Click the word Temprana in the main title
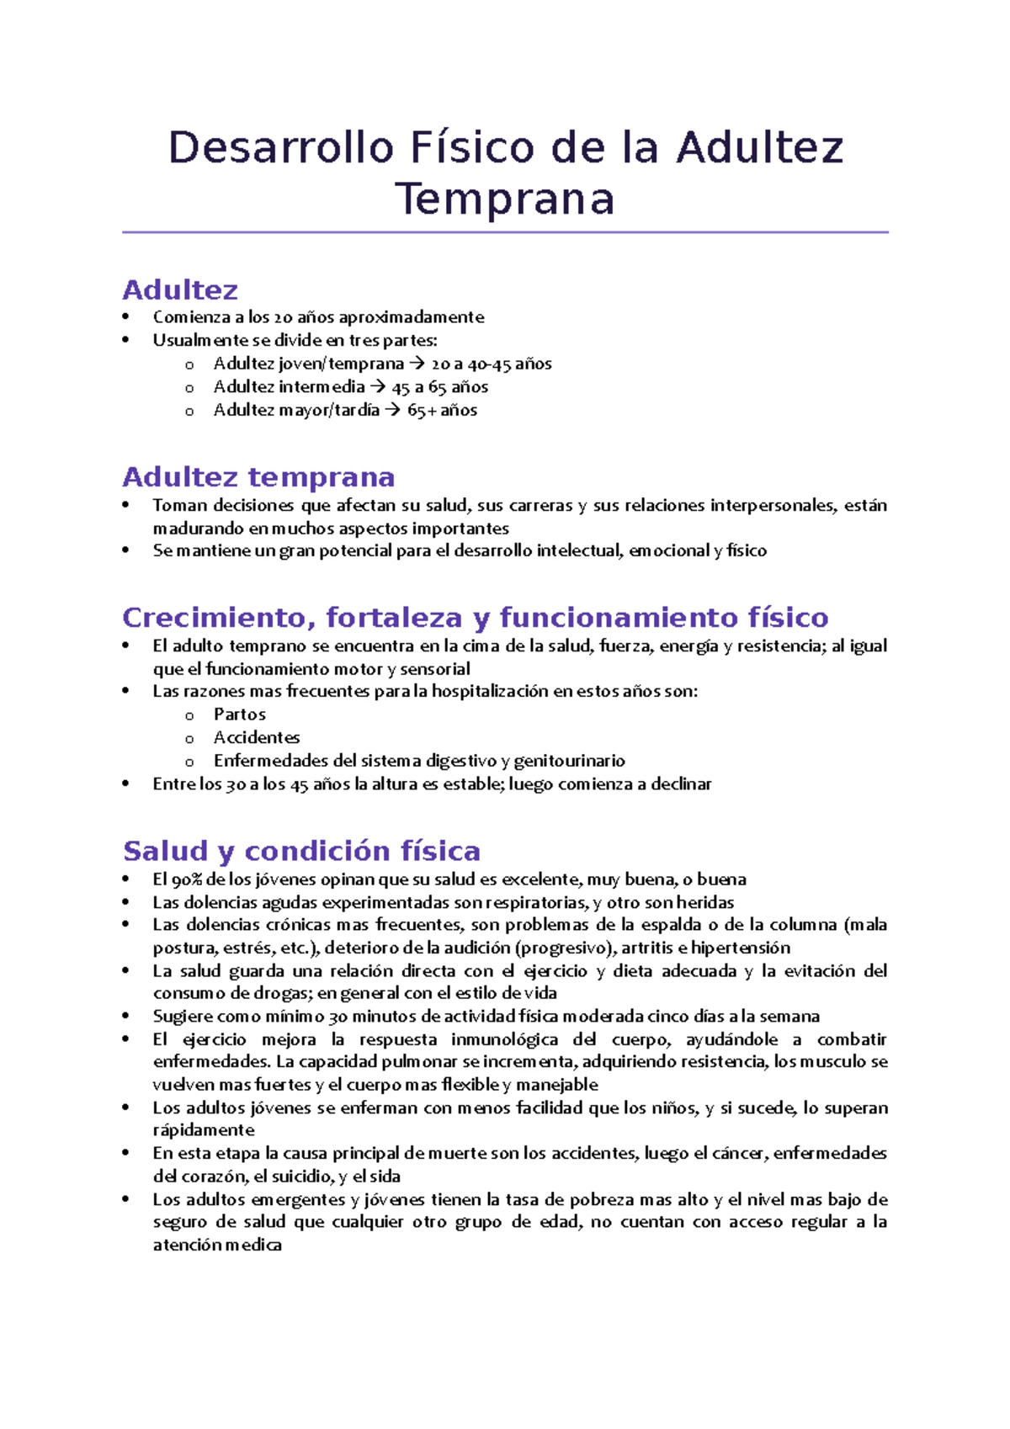(505, 200)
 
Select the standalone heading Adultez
(180, 290)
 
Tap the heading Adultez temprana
(258, 477)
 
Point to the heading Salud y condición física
(301, 851)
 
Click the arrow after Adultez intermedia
(378, 387)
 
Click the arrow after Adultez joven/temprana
(417, 364)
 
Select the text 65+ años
(442, 411)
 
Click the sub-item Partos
(239, 714)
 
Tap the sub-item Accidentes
(256, 738)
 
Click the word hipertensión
(740, 948)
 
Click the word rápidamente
(203, 1130)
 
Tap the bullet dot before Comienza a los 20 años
(126, 317)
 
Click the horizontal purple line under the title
(505, 232)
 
